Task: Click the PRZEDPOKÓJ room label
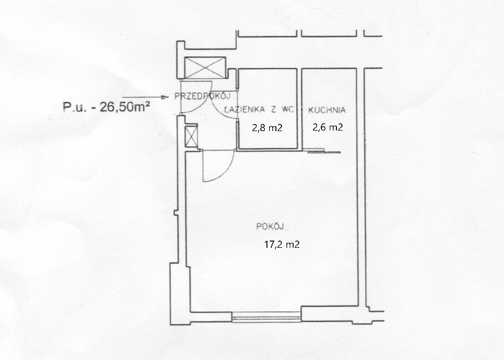[203, 96]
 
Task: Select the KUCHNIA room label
[327, 110]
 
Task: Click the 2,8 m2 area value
[267, 128]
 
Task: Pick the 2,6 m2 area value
[327, 127]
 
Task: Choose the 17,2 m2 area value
[282, 244]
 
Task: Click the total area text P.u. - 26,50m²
[107, 107]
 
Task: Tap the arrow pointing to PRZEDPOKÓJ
[145, 97]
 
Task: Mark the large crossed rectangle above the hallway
[205, 68]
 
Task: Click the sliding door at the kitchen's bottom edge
[324, 151]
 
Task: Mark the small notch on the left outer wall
[175, 213]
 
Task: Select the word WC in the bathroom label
[288, 109]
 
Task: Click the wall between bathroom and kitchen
[299, 109]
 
